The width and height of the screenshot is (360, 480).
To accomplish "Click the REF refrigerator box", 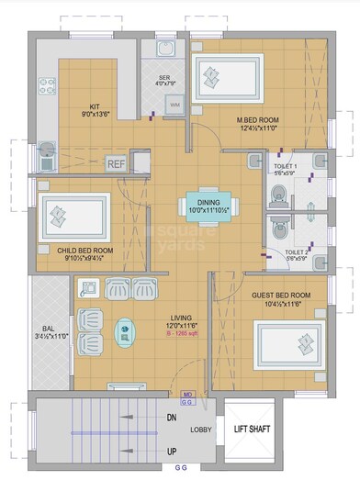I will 116,164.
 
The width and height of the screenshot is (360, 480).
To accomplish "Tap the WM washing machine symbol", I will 174,106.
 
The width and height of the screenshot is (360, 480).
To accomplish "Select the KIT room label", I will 94,106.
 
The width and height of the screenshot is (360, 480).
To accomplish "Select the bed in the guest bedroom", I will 287,343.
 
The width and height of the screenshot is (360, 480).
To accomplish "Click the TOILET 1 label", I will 285,167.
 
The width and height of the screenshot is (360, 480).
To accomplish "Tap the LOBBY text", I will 201,430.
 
